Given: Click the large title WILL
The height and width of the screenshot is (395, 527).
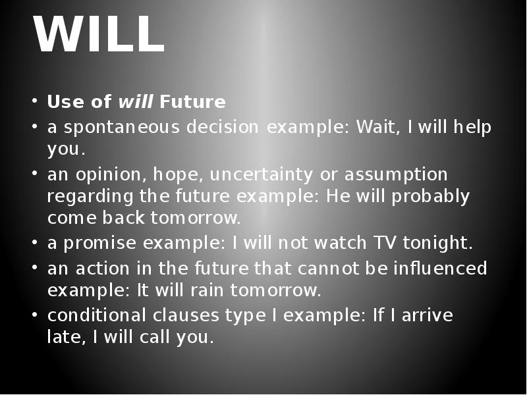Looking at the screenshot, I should [99, 36].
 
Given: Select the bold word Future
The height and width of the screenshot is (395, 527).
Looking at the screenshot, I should [192, 103].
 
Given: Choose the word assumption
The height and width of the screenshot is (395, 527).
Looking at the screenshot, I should [397, 175].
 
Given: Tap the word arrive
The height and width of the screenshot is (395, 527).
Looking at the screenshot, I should [428, 315].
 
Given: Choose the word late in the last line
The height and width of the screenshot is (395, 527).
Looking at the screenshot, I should [62, 338].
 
